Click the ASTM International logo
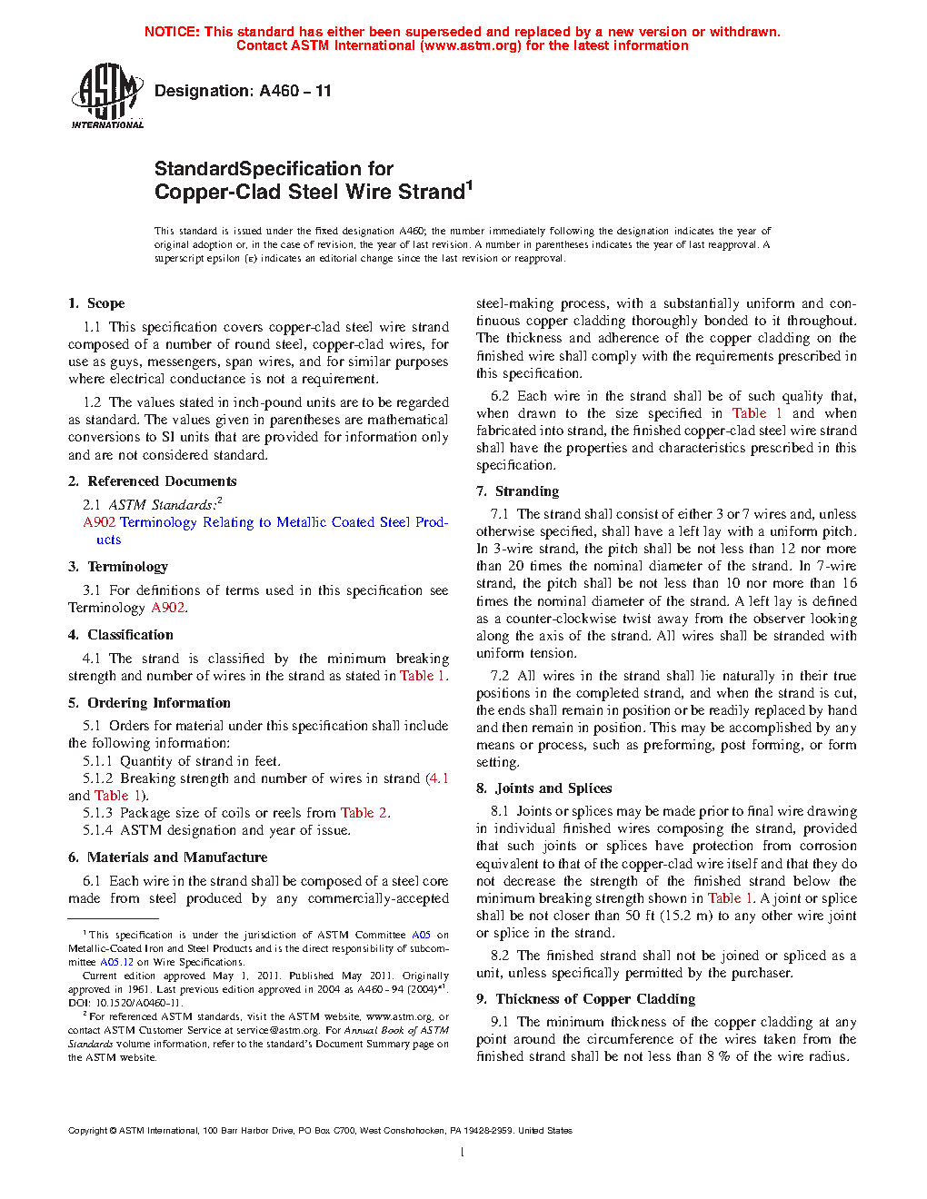[106, 95]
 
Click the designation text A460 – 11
[243, 91]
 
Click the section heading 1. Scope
[96, 303]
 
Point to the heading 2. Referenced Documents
[152, 481]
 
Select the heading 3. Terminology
[118, 567]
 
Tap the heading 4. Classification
[121, 635]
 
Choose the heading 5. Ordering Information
[149, 703]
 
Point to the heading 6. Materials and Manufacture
[167, 857]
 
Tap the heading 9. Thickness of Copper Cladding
[585, 999]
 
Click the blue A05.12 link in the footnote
[116, 962]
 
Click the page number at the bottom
[463, 1153]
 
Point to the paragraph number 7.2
[500, 676]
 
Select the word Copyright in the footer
[87, 1131]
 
